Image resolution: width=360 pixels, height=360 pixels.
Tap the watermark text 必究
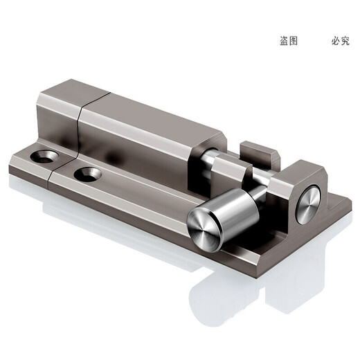click(x=340, y=41)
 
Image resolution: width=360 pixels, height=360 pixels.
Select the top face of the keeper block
click(x=305, y=170)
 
